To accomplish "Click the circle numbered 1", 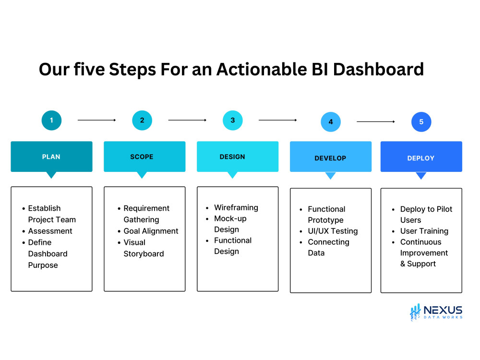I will pyautogui.click(x=51, y=120).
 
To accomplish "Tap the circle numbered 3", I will pyautogui.click(x=233, y=120).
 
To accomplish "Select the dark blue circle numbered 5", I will pyautogui.click(x=421, y=122).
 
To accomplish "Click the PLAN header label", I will pyautogui.click(x=51, y=157).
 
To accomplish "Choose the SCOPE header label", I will pyautogui.click(x=142, y=157).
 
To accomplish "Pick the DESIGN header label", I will pyautogui.click(x=232, y=157).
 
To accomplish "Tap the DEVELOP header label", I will pyautogui.click(x=330, y=158).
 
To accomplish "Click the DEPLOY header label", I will pyautogui.click(x=421, y=158).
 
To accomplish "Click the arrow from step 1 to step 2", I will pyautogui.click(x=96, y=120).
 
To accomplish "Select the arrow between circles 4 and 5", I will pyautogui.click(x=375, y=121).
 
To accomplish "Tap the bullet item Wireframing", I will pyautogui.click(x=236, y=207).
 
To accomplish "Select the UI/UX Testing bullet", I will pyautogui.click(x=332, y=231).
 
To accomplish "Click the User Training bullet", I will pyautogui.click(x=424, y=231).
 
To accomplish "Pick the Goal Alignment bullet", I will pyautogui.click(x=151, y=231).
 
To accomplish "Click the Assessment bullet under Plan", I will pyautogui.click(x=50, y=231).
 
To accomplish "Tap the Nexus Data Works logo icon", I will pyautogui.click(x=415, y=312).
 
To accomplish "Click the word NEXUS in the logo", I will pyautogui.click(x=443, y=310).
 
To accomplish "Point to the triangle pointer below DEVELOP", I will pyautogui.click(x=330, y=176).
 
